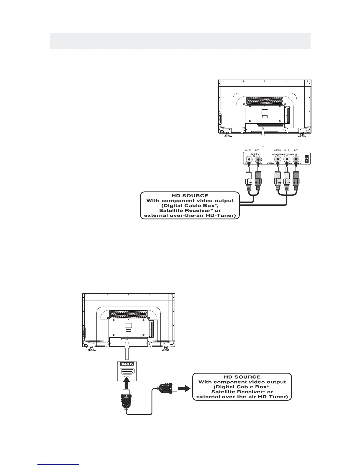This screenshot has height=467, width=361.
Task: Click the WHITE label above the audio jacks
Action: point(248,150)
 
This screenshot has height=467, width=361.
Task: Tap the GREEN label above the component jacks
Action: point(278,150)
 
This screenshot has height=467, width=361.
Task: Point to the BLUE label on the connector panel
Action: point(287,150)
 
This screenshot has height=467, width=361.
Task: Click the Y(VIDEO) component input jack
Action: point(278,160)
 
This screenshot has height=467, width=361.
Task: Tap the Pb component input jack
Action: point(287,160)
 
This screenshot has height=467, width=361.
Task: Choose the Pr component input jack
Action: point(296,160)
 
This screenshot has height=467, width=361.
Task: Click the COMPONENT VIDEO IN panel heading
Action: point(285,154)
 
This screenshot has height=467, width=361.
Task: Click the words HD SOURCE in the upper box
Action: point(190,196)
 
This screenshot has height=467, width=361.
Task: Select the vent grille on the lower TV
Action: point(128,314)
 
